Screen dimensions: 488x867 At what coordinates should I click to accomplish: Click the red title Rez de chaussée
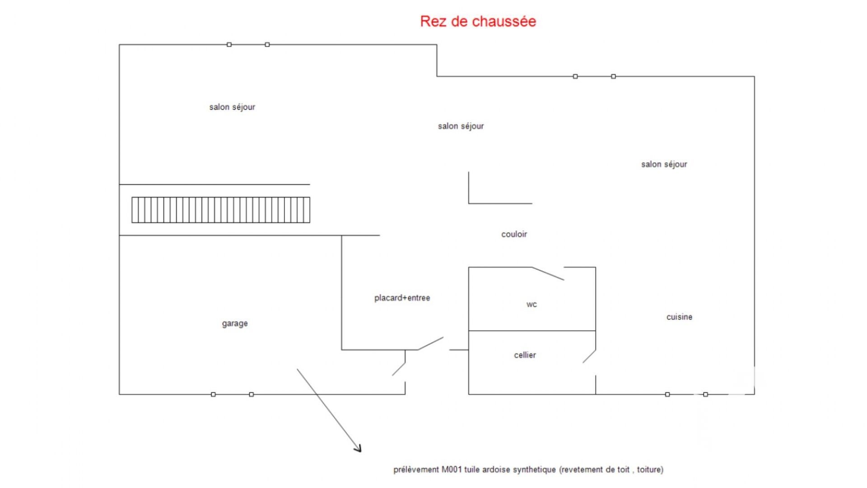click(478, 21)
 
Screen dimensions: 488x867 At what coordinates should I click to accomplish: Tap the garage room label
click(235, 324)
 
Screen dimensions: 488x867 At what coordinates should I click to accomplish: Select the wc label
click(531, 305)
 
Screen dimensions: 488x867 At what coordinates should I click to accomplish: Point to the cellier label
click(525, 355)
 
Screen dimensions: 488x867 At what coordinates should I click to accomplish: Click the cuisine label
click(679, 317)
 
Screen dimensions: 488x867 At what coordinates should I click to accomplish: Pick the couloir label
click(514, 234)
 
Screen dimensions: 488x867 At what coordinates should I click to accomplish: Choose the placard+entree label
click(402, 298)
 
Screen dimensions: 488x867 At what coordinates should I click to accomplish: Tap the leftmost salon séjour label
click(232, 107)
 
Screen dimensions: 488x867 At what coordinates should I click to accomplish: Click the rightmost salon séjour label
click(664, 164)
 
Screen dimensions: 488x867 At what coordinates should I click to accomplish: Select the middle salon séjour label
click(461, 126)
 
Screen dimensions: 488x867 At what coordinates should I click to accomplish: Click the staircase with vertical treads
click(221, 210)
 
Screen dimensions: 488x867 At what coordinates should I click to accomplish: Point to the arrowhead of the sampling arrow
click(359, 449)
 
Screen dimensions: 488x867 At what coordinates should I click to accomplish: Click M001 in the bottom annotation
click(452, 470)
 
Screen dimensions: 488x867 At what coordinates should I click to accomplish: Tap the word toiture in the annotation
click(650, 470)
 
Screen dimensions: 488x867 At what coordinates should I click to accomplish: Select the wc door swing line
click(548, 274)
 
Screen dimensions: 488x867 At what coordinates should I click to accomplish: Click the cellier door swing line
click(589, 357)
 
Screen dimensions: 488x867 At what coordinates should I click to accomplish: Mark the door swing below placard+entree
click(430, 343)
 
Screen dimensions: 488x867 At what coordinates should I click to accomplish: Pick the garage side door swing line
click(398, 369)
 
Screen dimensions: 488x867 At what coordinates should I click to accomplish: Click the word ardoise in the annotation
click(496, 470)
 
